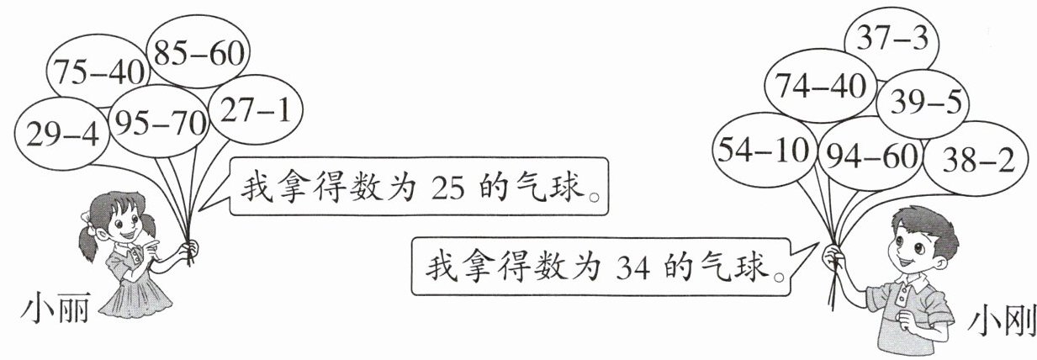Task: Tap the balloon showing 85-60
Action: point(198,52)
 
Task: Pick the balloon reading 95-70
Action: point(158,125)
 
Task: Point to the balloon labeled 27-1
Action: point(254,111)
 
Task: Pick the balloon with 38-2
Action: point(973,156)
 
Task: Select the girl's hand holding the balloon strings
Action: point(190,249)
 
